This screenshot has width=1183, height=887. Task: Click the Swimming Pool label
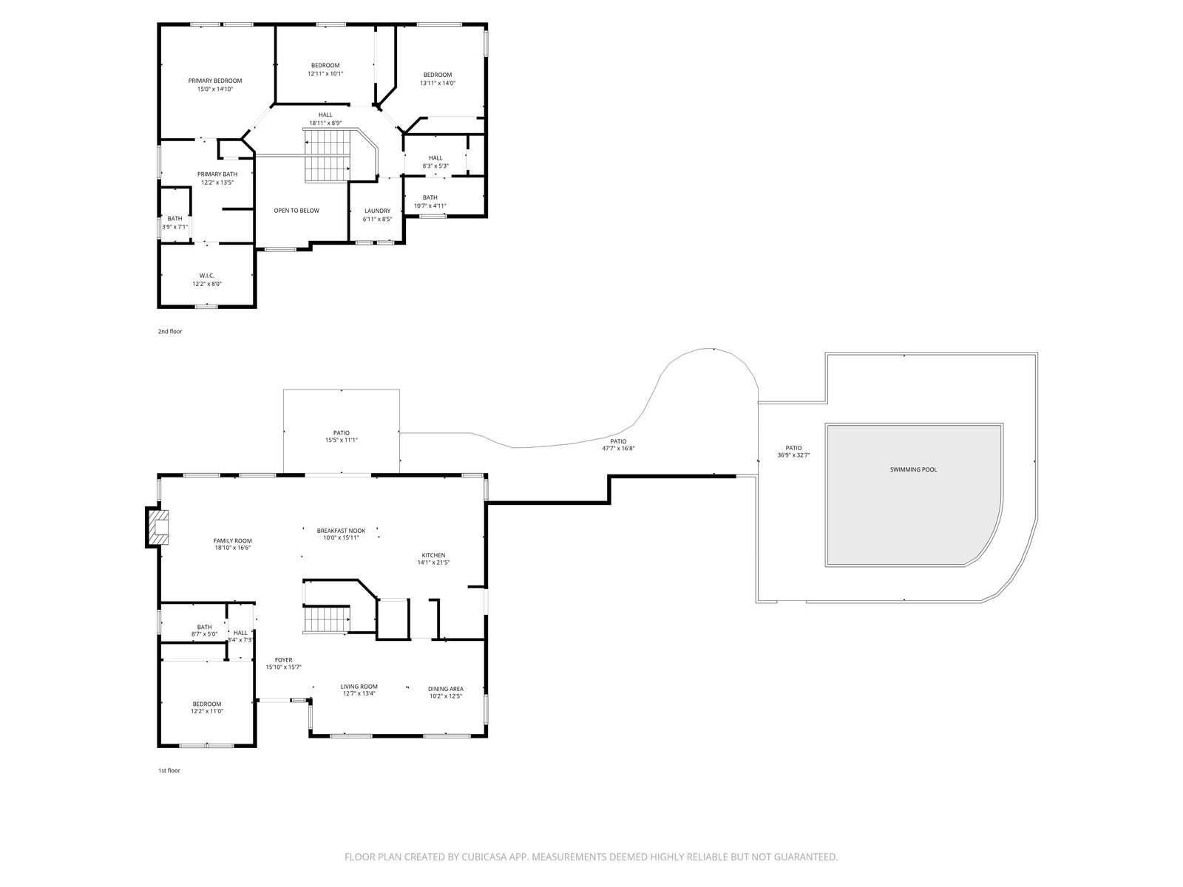point(913,469)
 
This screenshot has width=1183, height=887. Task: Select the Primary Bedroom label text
point(215,81)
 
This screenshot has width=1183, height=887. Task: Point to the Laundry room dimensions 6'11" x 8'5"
point(377,220)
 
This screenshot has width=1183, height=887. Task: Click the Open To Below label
point(296,211)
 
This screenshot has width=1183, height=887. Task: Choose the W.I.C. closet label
point(207,276)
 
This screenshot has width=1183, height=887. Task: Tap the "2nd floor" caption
point(170,331)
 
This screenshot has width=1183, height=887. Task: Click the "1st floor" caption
point(169,770)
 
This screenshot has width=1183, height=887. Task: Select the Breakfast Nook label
point(341,531)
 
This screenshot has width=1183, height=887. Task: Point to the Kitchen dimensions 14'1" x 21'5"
point(433,563)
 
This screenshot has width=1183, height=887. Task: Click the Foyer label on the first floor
point(283,660)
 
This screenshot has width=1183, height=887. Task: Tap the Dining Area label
point(446,689)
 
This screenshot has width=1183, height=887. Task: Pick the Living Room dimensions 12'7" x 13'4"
point(359,693)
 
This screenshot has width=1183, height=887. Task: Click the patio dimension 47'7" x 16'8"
point(618,448)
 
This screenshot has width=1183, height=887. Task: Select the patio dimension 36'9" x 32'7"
point(793,455)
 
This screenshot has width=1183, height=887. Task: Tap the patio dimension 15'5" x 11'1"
point(341,440)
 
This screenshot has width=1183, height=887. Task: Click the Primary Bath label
point(217,174)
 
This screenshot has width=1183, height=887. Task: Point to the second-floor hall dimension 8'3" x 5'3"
point(435,166)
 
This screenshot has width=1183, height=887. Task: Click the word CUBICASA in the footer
point(484,857)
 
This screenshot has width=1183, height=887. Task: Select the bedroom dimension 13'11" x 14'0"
point(438,83)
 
